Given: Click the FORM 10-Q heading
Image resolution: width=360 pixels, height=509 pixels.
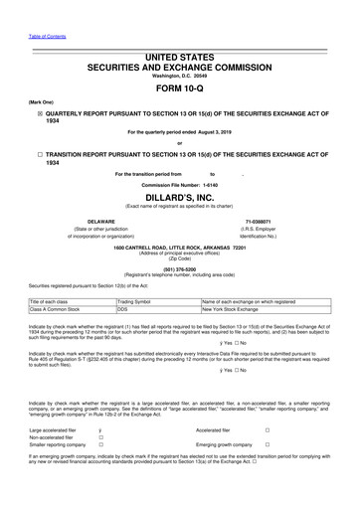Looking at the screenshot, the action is click(179, 86).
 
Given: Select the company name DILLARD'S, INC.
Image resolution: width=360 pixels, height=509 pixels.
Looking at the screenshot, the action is click(179, 198).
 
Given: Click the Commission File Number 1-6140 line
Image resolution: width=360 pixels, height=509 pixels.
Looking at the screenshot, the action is click(179, 185).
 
